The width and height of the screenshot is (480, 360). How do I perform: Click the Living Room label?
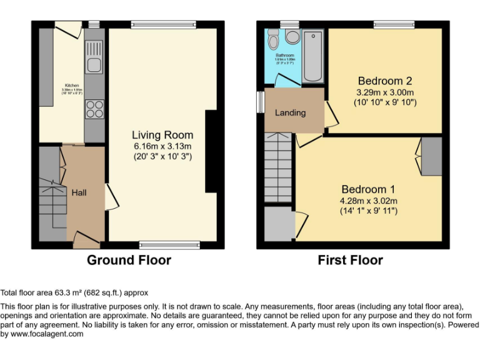(x=162, y=135)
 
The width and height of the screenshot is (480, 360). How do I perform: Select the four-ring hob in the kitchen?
(x=94, y=109)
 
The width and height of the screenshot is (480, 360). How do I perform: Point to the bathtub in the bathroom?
(x=312, y=56)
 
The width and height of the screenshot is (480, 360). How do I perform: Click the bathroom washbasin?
(x=292, y=36)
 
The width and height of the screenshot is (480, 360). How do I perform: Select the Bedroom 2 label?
(x=384, y=81)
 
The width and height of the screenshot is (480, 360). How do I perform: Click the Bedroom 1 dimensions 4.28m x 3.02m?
(x=369, y=201)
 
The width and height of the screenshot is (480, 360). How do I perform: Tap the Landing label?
(x=291, y=113)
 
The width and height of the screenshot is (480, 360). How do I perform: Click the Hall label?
(x=79, y=192)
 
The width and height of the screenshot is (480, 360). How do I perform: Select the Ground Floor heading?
(x=129, y=260)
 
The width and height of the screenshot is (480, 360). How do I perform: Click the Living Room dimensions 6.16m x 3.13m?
(x=162, y=146)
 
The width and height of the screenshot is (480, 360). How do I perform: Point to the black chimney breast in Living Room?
(x=211, y=151)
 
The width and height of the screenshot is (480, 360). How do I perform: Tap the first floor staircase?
(x=278, y=169)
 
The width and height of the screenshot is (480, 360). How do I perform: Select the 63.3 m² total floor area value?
(x=66, y=292)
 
